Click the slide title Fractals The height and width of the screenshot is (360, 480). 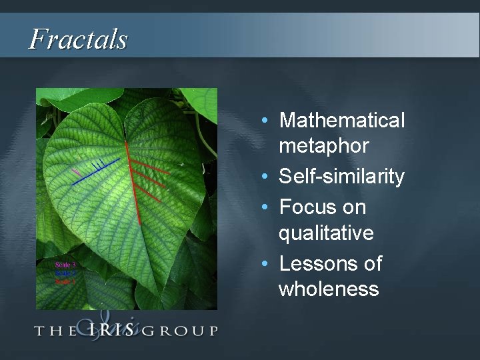pyautogui.click(x=78, y=39)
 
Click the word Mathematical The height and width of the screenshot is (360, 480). pyautogui.click(x=342, y=121)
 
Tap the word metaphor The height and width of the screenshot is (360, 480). pyautogui.click(x=324, y=145)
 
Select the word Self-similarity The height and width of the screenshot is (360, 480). pyautogui.click(x=341, y=177)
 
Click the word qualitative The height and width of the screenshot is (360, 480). pyautogui.click(x=326, y=233)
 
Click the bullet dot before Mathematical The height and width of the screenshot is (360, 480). pyautogui.click(x=266, y=121)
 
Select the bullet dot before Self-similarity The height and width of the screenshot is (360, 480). pyautogui.click(x=266, y=177)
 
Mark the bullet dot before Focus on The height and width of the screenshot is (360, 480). pyautogui.click(x=266, y=208)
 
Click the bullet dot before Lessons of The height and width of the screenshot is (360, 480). pyautogui.click(x=266, y=265)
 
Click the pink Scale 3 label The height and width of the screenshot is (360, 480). pyautogui.click(x=65, y=265)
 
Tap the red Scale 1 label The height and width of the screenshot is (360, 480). pyautogui.click(x=65, y=281)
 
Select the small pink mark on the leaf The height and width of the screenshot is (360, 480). pyautogui.click(x=76, y=172)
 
